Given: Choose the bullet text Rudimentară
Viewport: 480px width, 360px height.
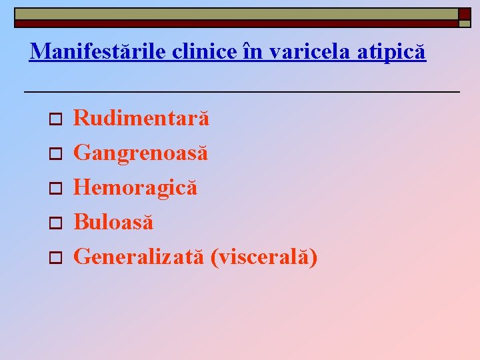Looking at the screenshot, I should click(141, 119).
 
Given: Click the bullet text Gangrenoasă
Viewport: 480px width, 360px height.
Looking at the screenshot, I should click(141, 153).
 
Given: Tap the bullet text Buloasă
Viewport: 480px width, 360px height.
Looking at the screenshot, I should click(113, 222).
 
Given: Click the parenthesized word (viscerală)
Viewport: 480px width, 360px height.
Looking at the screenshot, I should click(264, 257).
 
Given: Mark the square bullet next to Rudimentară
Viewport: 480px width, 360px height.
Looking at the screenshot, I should click(56, 120).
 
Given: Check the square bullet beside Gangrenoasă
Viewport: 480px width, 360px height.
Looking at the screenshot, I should click(56, 155).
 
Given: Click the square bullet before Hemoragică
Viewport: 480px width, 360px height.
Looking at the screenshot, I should click(56, 189).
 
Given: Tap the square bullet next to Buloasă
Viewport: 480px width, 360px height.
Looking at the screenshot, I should click(56, 223).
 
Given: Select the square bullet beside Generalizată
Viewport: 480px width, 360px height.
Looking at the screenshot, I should click(56, 258).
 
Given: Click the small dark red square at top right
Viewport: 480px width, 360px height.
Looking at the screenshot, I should click(464, 13).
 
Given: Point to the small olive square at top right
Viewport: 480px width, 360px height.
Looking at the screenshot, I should click(464, 24).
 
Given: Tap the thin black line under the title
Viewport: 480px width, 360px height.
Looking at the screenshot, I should click(241, 91).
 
